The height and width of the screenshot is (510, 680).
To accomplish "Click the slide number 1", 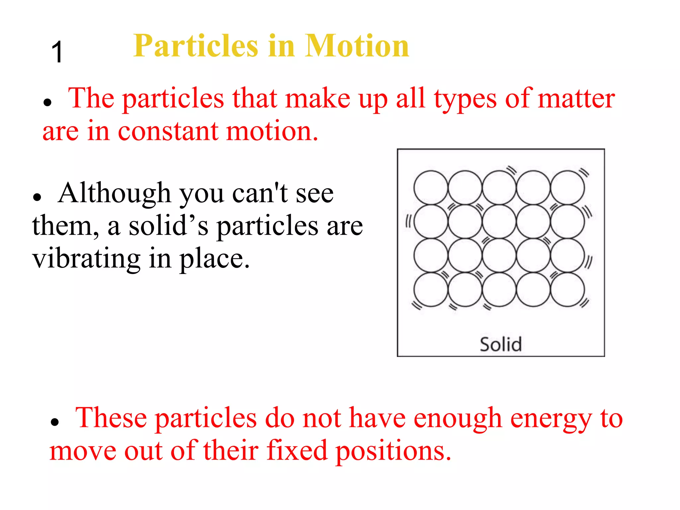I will tap(57, 52).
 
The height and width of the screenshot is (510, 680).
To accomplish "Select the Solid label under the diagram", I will tap(501, 344).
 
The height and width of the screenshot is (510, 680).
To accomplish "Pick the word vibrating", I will tap(86, 259).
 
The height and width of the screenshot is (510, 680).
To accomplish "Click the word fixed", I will tap(297, 451).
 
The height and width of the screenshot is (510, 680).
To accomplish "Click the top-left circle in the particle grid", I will tap(431, 187).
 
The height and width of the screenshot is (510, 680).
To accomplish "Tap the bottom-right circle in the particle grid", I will tap(567, 289).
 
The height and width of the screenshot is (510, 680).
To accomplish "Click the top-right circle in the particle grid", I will tap(567, 187).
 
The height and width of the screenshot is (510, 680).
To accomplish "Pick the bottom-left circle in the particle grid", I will tap(431, 289).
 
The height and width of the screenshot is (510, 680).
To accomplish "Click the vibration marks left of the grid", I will tap(408, 221).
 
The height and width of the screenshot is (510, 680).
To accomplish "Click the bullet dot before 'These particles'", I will tap(54, 422).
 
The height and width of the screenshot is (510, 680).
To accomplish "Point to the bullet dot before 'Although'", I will tap(37, 197).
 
